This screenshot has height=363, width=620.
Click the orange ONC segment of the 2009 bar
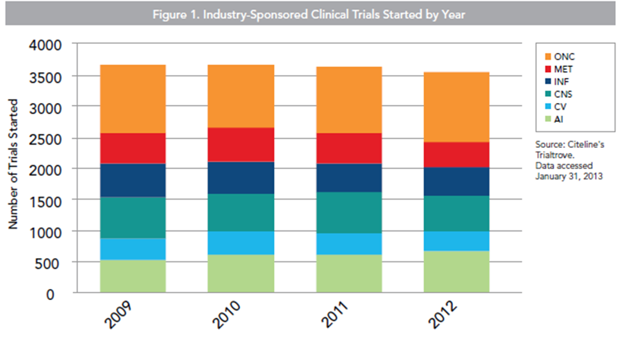[x=133, y=99]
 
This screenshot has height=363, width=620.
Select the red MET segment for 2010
[x=241, y=145]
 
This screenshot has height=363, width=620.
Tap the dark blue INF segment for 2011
[x=349, y=177]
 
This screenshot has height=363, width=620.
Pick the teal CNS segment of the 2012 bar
[x=457, y=213]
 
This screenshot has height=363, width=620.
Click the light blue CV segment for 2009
[x=133, y=249]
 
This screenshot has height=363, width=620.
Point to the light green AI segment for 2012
[x=457, y=272]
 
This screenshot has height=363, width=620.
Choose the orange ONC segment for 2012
[x=457, y=107]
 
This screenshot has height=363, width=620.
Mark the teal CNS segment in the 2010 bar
[x=241, y=213]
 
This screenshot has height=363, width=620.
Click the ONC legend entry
[x=560, y=57]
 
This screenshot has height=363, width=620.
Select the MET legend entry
[x=558, y=69]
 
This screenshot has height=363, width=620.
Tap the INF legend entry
[x=556, y=82]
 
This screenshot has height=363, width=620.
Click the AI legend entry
[x=554, y=120]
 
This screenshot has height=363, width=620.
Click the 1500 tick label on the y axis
[x=46, y=202]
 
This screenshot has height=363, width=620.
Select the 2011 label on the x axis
[x=334, y=314]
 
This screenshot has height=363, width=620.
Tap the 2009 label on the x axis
[x=118, y=315]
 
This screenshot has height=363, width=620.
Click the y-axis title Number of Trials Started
[x=13, y=164]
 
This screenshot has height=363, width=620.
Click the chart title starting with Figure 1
[x=309, y=15]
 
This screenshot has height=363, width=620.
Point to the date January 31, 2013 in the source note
[x=569, y=176]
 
